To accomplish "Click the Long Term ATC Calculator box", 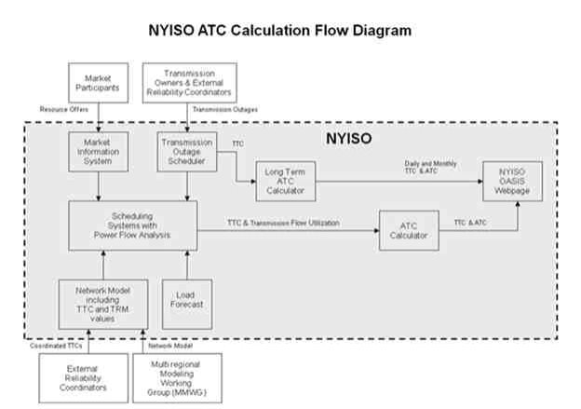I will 284,180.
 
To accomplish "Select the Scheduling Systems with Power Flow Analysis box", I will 131,224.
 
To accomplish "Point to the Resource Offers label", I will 64,110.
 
